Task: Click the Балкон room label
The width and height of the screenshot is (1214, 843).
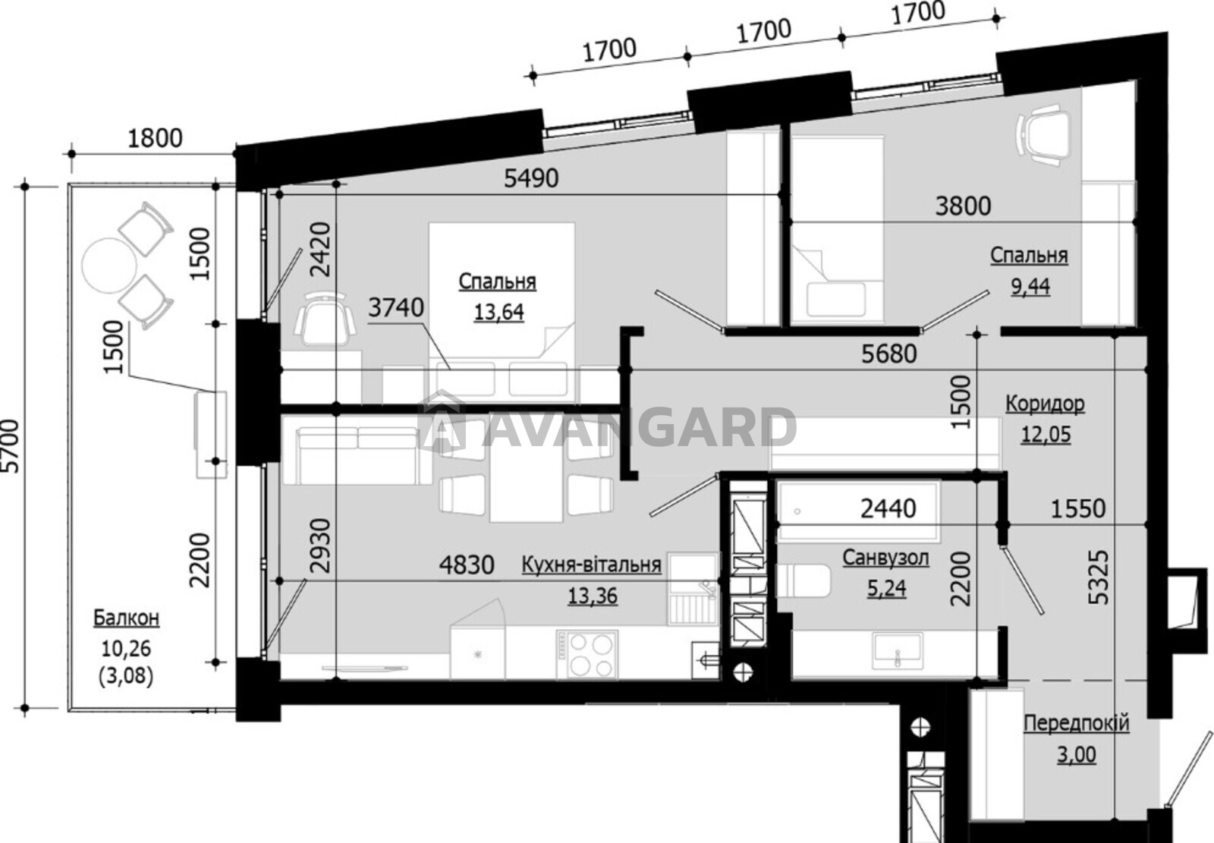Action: click(x=126, y=618)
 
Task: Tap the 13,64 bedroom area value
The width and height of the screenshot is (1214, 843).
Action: click(x=498, y=313)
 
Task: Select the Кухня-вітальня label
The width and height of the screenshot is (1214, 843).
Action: click(x=591, y=565)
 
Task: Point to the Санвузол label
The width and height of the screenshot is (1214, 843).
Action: click(x=885, y=558)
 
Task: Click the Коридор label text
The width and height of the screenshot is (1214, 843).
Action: click(x=1045, y=404)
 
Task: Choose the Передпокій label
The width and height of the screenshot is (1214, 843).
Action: click(x=1077, y=724)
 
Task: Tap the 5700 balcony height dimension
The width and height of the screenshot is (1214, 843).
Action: click(x=11, y=446)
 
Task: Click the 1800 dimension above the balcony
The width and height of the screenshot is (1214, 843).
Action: click(x=155, y=139)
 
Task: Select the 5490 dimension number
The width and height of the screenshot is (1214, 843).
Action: click(x=531, y=178)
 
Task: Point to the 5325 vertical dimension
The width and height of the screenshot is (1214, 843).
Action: click(x=1099, y=578)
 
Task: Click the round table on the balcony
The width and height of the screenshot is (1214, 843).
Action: click(x=109, y=265)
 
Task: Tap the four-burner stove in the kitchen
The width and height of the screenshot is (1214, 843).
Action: click(x=587, y=654)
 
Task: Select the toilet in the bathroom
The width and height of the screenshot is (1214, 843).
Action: click(x=804, y=580)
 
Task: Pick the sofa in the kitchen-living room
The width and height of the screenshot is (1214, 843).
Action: click(x=357, y=455)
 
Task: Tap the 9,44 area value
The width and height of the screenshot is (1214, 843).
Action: click(x=1030, y=286)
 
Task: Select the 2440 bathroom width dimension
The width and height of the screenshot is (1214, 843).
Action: click(x=888, y=508)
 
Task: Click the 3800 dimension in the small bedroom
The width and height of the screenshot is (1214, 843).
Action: click(x=963, y=206)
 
